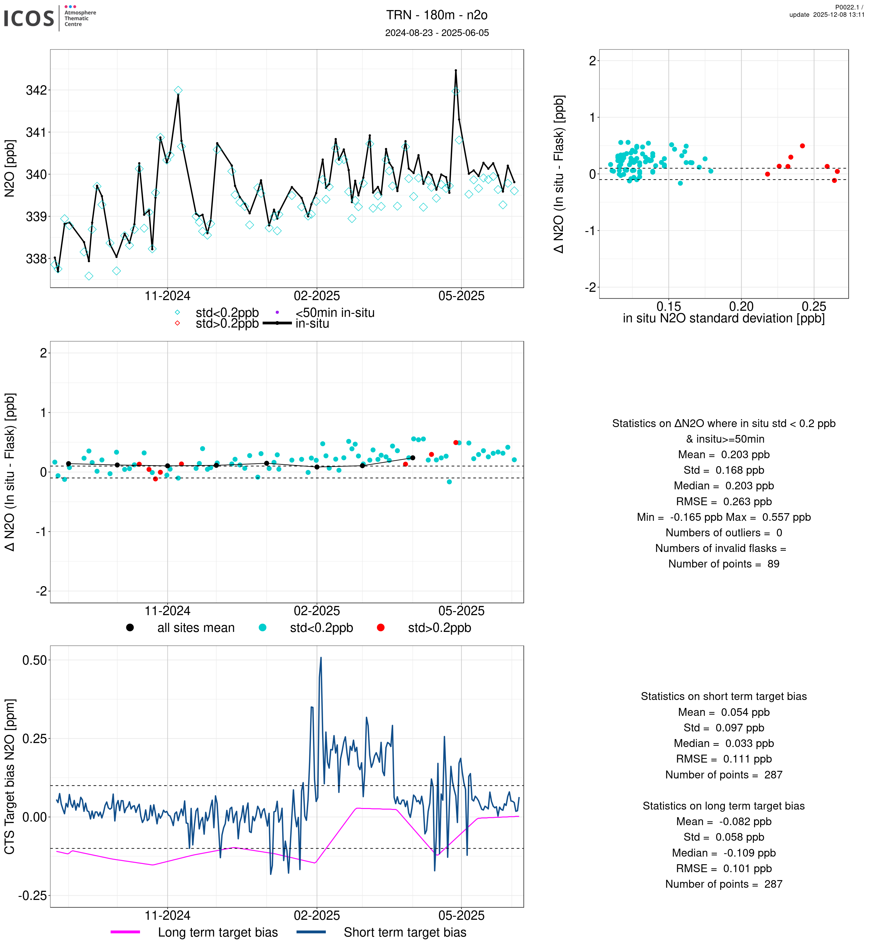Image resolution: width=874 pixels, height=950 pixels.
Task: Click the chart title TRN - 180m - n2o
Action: pos(437,15)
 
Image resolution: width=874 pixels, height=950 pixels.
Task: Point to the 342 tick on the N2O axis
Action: pos(37,90)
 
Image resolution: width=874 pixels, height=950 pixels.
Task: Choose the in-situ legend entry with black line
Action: pos(312,324)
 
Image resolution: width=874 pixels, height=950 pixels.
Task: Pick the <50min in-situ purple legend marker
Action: pos(277,312)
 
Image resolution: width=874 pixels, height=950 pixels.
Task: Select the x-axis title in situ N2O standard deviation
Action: pos(724,319)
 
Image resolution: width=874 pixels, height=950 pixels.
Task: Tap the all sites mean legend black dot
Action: pos(130,628)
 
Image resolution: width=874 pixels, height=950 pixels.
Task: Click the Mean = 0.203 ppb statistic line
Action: pos(724,455)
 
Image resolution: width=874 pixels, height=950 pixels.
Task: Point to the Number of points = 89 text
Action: pos(724,564)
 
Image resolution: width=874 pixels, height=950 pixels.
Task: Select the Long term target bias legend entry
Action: pos(218,933)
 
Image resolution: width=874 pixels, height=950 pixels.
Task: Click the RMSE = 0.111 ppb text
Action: pos(724,759)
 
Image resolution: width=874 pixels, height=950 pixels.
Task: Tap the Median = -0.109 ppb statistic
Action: pos(724,853)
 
